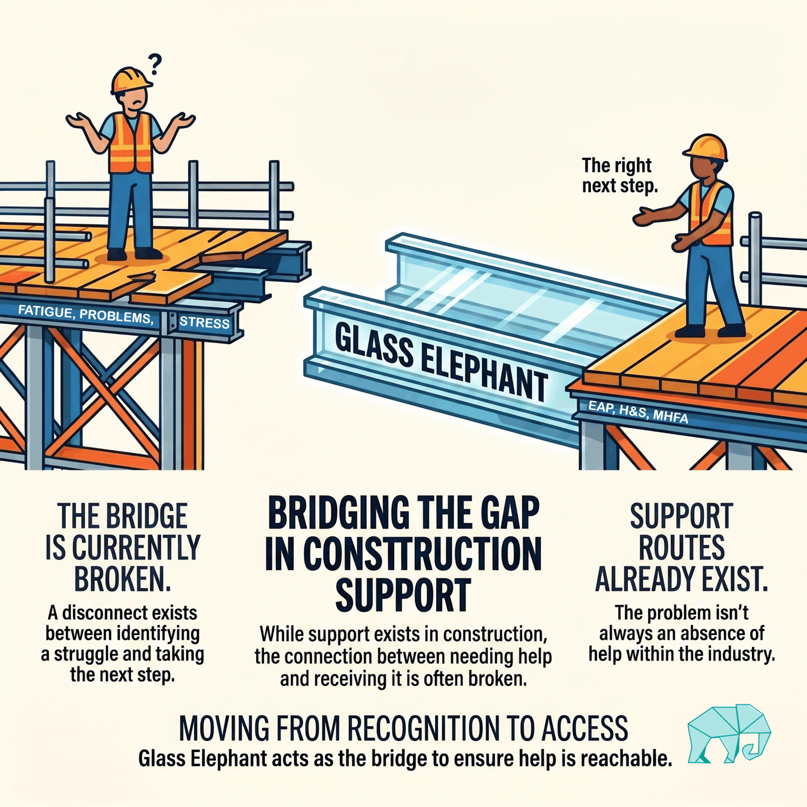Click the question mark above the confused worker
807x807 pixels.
(x=155, y=64)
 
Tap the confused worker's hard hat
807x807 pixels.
(x=131, y=80)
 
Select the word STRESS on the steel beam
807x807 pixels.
(x=204, y=323)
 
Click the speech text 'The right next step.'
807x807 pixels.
(x=619, y=175)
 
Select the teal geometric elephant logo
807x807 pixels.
(x=729, y=733)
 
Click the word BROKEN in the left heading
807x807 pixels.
(x=123, y=579)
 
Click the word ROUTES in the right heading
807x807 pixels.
(x=682, y=548)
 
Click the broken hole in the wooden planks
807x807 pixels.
(x=142, y=277)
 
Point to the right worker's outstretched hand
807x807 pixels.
(x=644, y=217)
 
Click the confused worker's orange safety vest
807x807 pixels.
(x=131, y=143)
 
